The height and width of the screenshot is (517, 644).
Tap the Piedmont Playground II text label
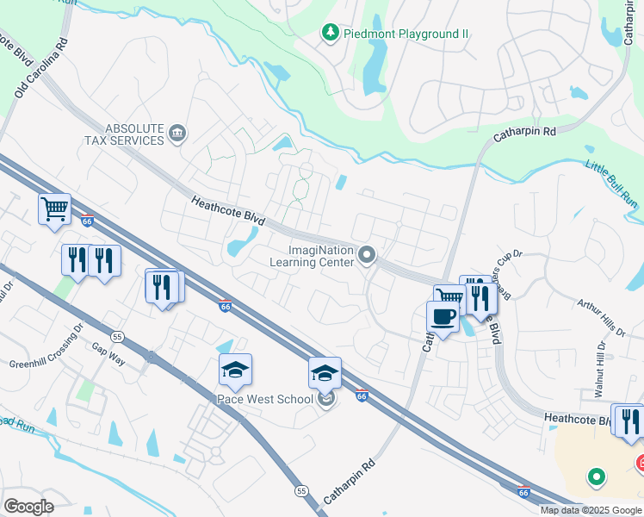406,34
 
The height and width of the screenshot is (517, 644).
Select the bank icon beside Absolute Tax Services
177,133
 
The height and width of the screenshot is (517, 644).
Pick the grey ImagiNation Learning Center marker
368,254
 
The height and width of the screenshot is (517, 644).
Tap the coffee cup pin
443,316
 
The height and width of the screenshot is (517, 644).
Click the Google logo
29,506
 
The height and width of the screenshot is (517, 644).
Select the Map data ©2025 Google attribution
590,510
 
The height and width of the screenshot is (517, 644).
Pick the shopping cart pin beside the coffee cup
449,298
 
